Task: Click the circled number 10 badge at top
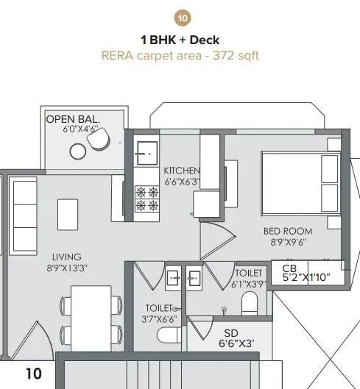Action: (x=180, y=17)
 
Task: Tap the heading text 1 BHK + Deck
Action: (x=180, y=40)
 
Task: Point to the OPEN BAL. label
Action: (x=73, y=118)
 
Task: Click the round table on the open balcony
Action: (x=78, y=151)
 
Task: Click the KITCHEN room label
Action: (x=181, y=171)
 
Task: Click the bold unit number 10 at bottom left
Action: (x=34, y=374)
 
